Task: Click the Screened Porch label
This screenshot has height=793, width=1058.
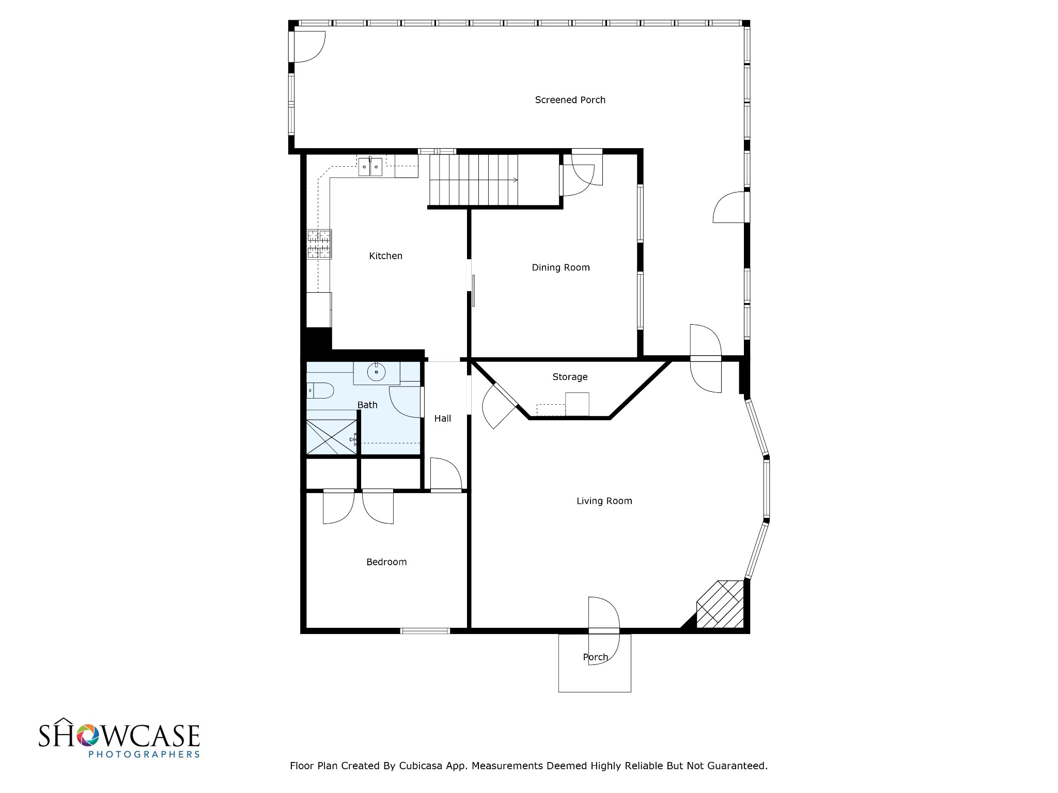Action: [x=570, y=100]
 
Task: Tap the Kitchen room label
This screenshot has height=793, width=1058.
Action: [x=385, y=256]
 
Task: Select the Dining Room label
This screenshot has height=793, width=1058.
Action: [x=561, y=267]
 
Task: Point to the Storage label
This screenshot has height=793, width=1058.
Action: [x=570, y=377]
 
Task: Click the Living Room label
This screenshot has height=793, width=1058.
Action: [x=604, y=501]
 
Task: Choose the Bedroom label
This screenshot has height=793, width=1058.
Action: [x=386, y=562]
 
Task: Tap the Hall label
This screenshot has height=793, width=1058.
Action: [x=443, y=418]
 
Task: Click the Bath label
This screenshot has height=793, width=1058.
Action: [x=367, y=405]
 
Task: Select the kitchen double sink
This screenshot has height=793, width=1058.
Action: [x=370, y=166]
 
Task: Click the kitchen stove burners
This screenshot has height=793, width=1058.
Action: [x=319, y=244]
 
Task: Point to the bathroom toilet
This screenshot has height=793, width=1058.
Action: [x=320, y=390]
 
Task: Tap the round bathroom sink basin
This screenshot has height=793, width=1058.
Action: [x=377, y=371]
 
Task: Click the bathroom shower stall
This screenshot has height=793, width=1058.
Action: [x=331, y=437]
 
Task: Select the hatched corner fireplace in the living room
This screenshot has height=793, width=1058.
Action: [x=720, y=605]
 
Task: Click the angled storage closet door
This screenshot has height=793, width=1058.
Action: [x=500, y=406]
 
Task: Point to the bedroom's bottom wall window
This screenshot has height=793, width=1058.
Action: [x=425, y=630]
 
